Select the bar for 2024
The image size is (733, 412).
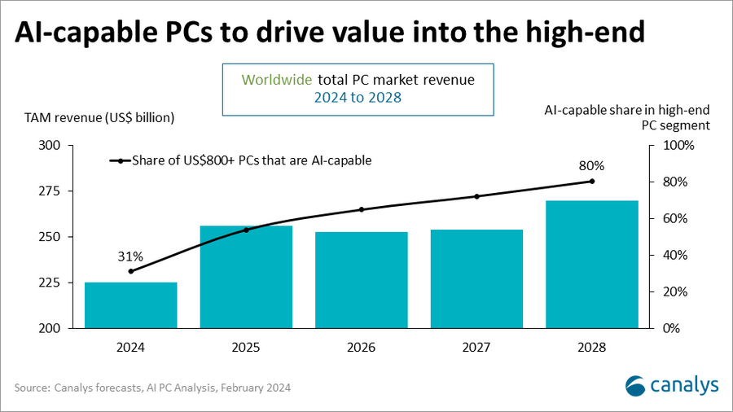[131, 305]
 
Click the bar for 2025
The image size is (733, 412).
[246, 277]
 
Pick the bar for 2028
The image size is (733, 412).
[592, 264]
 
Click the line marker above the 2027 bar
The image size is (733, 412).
[476, 196]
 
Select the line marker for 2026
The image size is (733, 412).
[362, 209]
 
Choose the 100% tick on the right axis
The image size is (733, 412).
[679, 146]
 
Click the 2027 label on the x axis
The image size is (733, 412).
[476, 347]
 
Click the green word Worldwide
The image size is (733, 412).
[276, 80]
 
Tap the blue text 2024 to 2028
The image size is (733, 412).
[359, 99]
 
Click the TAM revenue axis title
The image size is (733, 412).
[93, 117]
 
